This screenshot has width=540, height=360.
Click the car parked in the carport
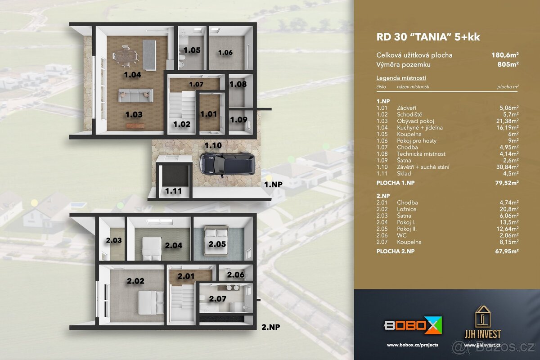(x=226, y=163)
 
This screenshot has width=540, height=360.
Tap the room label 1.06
(x=225, y=53)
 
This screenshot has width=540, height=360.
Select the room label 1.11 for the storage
(x=173, y=191)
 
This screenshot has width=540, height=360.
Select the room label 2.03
(x=113, y=241)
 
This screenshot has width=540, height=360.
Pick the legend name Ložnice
(x=407, y=209)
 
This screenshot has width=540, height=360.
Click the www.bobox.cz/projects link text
(x=412, y=345)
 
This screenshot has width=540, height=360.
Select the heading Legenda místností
(x=401, y=78)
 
